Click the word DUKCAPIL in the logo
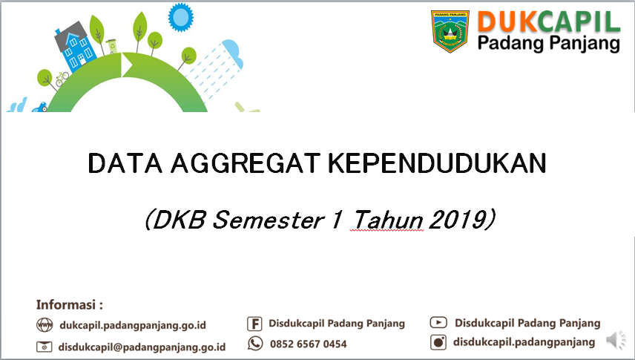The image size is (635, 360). [549, 22]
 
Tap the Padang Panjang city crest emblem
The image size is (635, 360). [450, 31]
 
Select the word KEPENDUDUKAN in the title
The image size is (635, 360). [437, 163]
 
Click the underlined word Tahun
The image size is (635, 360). [388, 220]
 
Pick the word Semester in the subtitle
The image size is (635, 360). [268, 220]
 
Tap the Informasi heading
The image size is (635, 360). [69, 304]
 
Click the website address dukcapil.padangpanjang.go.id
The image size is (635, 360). [133, 326]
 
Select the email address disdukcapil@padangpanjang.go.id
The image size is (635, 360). [142, 347]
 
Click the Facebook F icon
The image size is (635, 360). [254, 324]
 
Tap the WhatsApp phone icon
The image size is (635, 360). [255, 344]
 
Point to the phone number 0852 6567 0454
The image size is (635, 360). [308, 344]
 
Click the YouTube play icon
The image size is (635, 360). [438, 323]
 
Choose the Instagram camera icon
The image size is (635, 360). [438, 342]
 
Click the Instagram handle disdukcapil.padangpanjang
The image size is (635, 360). [524, 342]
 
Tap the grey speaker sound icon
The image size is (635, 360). [616, 340]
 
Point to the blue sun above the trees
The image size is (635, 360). [180, 17]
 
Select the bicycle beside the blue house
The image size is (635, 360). [62, 79]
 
